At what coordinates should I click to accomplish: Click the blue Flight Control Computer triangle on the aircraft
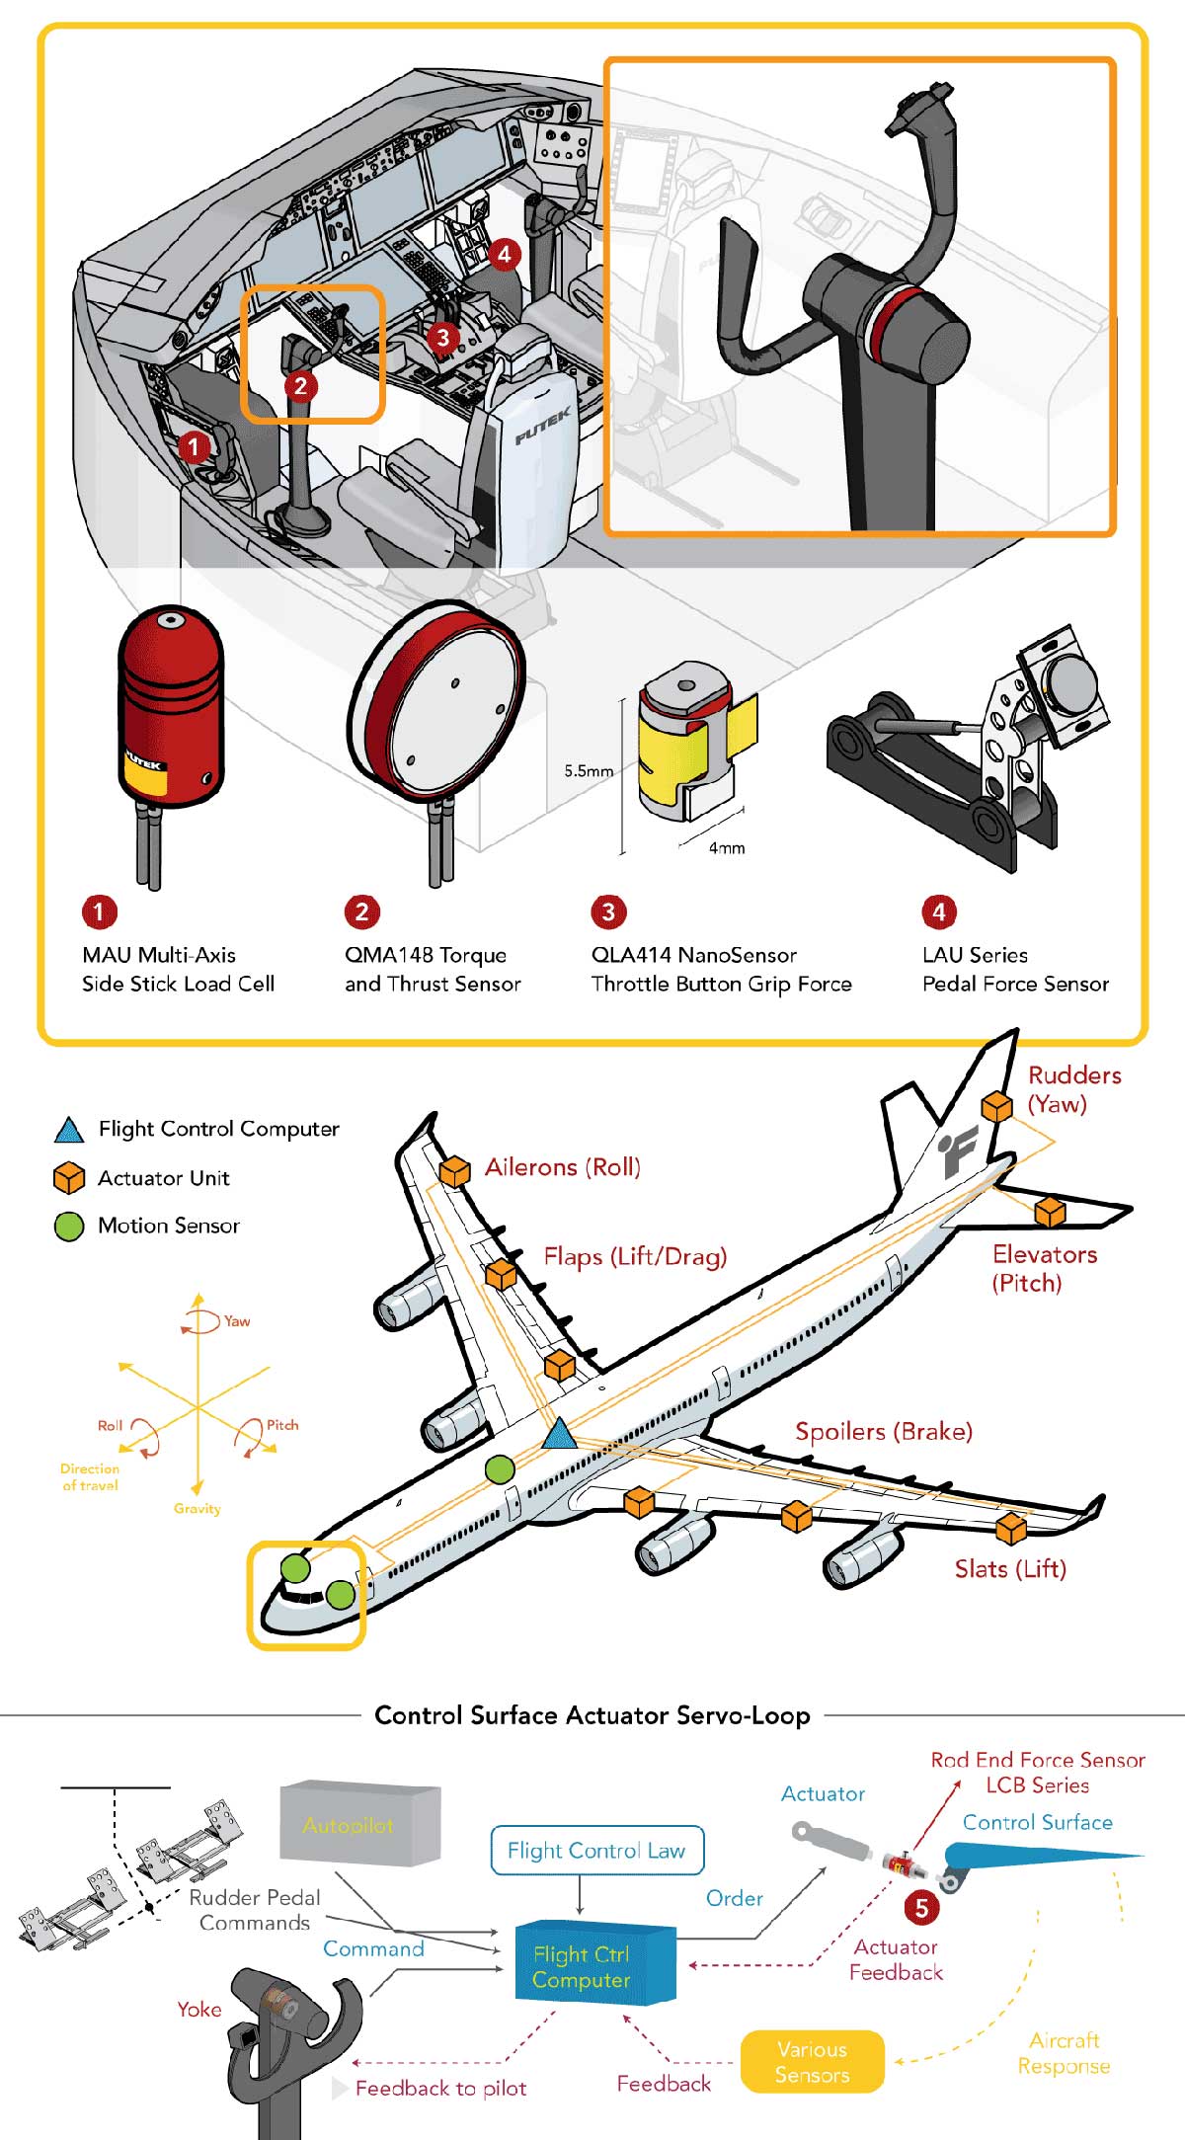(x=560, y=1434)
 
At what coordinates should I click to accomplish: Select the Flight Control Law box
(x=596, y=1851)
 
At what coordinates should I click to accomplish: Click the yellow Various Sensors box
(x=812, y=2061)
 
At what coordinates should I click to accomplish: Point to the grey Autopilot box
(x=359, y=1824)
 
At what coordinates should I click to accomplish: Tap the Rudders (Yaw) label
(x=1073, y=1089)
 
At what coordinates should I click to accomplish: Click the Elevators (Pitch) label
(x=1044, y=1268)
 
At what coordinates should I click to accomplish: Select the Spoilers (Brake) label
(x=884, y=1431)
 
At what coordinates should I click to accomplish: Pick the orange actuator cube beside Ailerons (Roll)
(x=454, y=1172)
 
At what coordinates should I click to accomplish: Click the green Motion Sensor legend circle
(x=68, y=1227)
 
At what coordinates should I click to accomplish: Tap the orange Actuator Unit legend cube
(x=68, y=1178)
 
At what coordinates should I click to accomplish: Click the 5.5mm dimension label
(x=589, y=771)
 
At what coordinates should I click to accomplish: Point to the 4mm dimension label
(x=727, y=848)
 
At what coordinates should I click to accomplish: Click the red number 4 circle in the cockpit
(x=504, y=255)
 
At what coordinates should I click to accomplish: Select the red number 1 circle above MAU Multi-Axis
(x=99, y=911)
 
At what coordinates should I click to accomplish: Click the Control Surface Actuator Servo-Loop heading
(x=592, y=1715)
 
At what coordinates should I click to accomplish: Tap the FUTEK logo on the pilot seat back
(x=542, y=427)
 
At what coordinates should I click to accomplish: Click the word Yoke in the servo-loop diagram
(x=198, y=2009)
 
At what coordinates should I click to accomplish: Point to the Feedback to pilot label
(x=440, y=2088)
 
